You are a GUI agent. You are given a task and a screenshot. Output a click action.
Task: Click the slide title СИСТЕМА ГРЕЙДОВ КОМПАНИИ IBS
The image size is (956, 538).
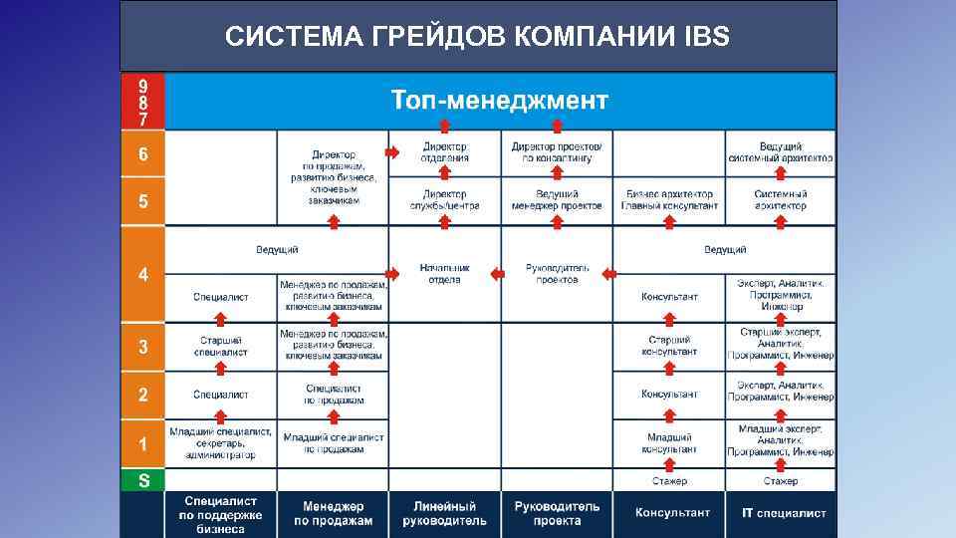pyautogui.click(x=477, y=38)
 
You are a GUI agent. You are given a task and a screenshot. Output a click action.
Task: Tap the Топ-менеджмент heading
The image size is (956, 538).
pyautogui.click(x=499, y=101)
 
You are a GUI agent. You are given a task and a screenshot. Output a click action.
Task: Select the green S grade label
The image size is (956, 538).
pyautogui.click(x=143, y=480)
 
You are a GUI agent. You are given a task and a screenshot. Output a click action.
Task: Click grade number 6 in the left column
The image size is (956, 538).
pyautogui.click(x=143, y=155)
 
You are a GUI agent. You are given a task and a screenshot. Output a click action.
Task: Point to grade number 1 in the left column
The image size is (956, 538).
pyautogui.click(x=143, y=443)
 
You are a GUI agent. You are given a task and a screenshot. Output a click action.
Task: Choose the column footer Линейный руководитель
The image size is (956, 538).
pyautogui.click(x=444, y=513)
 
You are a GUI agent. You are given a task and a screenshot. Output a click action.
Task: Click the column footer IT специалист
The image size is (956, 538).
pyautogui.click(x=780, y=513)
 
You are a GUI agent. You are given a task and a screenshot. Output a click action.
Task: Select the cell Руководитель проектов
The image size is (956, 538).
pyautogui.click(x=558, y=274)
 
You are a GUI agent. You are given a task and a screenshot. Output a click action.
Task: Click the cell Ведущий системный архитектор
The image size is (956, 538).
pyautogui.click(x=781, y=152)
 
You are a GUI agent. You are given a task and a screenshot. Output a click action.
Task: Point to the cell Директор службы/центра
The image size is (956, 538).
pyautogui.click(x=444, y=200)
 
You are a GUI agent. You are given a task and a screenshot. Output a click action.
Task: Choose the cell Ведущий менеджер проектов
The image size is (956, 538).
pyautogui.click(x=557, y=200)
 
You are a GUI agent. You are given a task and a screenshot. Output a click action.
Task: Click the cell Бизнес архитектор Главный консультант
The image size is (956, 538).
pyautogui.click(x=669, y=200)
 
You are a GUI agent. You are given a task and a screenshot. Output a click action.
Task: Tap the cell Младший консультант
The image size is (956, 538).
pyautogui.click(x=669, y=442)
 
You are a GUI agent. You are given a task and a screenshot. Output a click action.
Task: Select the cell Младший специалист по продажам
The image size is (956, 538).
pyautogui.click(x=333, y=442)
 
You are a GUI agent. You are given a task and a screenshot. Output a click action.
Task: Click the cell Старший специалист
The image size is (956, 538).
pyautogui.click(x=220, y=346)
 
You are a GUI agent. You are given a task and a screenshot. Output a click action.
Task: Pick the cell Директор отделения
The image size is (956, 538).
pyautogui.click(x=444, y=152)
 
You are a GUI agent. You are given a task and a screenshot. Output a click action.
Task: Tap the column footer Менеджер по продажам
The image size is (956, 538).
pyautogui.click(x=333, y=513)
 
